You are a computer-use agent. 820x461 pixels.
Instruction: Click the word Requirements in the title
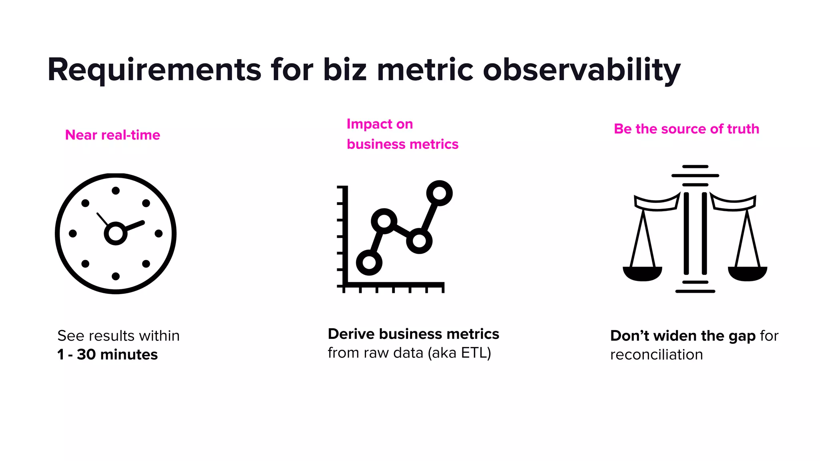pos(154,70)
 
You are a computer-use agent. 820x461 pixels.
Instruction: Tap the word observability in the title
pos(581,70)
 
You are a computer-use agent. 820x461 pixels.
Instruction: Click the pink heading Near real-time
pos(113,135)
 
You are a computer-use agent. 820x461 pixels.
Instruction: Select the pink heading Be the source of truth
pos(686,129)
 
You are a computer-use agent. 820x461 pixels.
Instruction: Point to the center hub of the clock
pos(116,233)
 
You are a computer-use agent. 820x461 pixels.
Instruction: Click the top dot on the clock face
pos(116,190)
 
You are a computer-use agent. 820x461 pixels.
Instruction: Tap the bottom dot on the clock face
pos(116,276)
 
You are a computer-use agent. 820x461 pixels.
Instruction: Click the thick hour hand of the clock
pos(135,226)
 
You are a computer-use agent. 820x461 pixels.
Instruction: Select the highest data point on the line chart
pos(439,193)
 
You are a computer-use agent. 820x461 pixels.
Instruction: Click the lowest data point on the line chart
pos(369,263)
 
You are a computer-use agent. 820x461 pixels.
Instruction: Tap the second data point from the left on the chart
pos(384,221)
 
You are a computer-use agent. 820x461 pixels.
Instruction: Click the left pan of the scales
pos(642,274)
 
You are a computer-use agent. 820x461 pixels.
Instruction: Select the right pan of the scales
pos(747,274)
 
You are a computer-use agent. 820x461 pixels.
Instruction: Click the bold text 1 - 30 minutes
pos(107,355)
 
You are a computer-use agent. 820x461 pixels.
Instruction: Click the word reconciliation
pos(656,355)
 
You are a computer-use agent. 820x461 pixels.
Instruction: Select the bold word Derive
pos(351,334)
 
